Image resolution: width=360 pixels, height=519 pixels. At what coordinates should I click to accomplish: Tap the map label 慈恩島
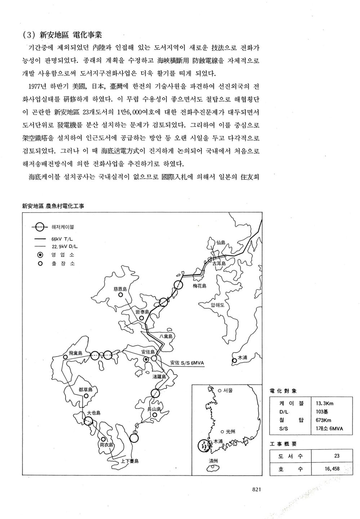click(x=120, y=289)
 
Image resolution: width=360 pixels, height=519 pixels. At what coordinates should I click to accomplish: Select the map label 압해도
click(x=217, y=305)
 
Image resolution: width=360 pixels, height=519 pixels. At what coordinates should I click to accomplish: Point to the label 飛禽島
click(x=75, y=353)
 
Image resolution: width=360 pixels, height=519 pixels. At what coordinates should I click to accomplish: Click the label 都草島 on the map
click(x=85, y=390)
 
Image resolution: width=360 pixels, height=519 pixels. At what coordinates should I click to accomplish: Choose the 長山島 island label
click(x=154, y=409)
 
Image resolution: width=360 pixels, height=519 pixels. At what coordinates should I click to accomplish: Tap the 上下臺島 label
click(x=130, y=461)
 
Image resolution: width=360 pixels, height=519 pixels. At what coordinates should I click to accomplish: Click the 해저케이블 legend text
click(x=63, y=227)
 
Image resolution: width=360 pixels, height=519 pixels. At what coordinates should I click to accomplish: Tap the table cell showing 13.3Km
click(x=324, y=403)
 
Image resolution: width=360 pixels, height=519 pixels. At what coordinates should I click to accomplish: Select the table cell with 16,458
click(x=332, y=469)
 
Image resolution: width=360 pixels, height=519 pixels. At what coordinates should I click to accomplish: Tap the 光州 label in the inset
click(x=230, y=431)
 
